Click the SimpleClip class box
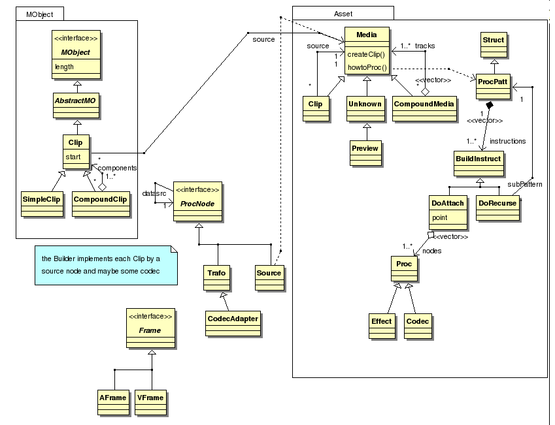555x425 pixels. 42,200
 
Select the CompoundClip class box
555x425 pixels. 100,200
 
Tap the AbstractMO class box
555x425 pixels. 76,101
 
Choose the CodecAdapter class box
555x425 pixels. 233,319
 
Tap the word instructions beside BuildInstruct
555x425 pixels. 507,140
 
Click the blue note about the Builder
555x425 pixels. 105,265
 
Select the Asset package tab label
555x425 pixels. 343,13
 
